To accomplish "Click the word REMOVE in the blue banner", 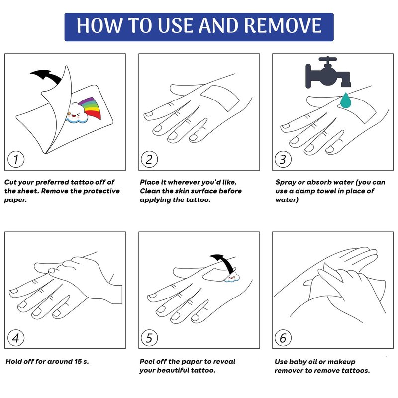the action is (x=283, y=25).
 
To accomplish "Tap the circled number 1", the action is (x=16, y=159).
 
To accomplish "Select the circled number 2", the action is (x=149, y=159).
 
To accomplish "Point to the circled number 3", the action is (x=283, y=159).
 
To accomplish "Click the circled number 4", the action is (x=16, y=338).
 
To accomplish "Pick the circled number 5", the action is (x=149, y=338).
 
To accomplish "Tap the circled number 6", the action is (x=283, y=338).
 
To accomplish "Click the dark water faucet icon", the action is (x=328, y=72).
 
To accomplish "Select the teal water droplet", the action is (x=345, y=100).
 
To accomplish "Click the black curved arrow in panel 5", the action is (x=224, y=262).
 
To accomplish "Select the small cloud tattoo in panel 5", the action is (x=232, y=277).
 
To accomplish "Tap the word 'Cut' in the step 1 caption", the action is (x=10, y=182).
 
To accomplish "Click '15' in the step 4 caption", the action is (x=78, y=361).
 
